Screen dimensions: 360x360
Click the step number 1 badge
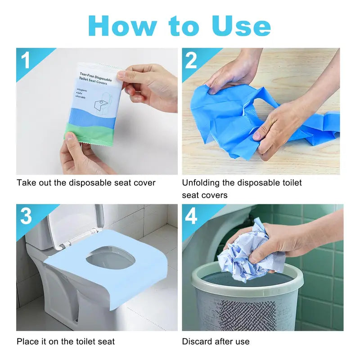(26, 61)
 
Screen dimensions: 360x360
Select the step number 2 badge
(191, 61)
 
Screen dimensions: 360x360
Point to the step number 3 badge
(26, 216)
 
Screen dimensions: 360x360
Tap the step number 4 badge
(191, 216)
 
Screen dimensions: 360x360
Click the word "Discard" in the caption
(197, 342)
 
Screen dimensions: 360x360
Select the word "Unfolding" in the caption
(201, 183)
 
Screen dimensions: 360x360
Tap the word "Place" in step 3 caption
(28, 342)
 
